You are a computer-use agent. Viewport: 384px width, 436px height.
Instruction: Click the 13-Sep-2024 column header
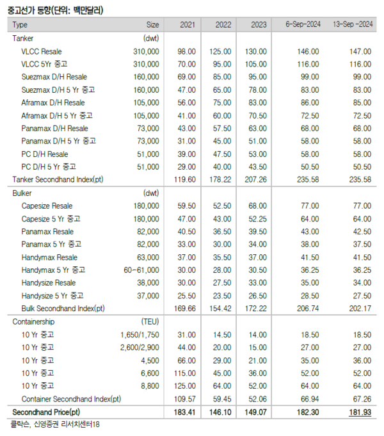[x=352, y=24]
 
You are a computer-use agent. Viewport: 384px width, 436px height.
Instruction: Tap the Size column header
[x=152, y=25]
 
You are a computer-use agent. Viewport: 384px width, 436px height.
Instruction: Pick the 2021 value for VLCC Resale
[x=186, y=51]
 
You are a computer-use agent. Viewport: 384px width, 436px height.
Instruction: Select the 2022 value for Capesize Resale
[x=221, y=206]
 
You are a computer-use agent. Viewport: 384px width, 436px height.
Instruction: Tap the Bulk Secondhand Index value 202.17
[x=358, y=309]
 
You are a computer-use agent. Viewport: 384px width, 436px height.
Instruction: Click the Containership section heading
[x=33, y=322]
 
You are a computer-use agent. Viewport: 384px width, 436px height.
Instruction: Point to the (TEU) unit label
[x=150, y=322]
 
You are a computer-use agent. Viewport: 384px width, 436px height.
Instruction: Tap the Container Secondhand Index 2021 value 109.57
[x=186, y=399]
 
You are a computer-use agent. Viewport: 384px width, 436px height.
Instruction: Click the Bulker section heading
[x=23, y=193]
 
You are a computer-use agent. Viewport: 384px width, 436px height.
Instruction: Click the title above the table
[x=54, y=8]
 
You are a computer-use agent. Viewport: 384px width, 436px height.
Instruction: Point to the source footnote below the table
[x=54, y=424]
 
